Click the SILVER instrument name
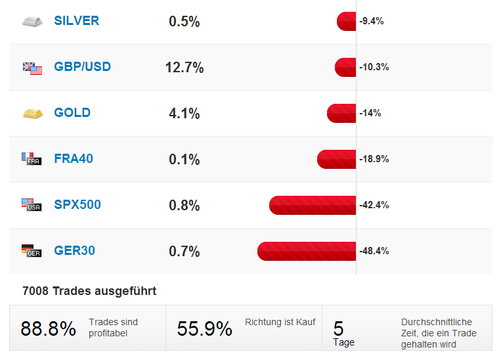(x=76, y=21)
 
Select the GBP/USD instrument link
(x=82, y=67)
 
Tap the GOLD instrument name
(x=72, y=113)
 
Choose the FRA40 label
(x=74, y=159)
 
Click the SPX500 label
(x=77, y=205)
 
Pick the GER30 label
(x=74, y=251)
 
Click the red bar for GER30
(x=307, y=251)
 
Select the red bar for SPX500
(x=313, y=205)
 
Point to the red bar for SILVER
(x=346, y=21)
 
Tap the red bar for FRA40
(x=336, y=159)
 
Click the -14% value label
(x=370, y=113)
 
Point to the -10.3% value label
(x=374, y=67)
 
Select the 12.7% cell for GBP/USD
(x=184, y=68)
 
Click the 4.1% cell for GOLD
(x=184, y=114)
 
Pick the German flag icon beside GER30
(x=32, y=251)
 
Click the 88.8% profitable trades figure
(x=48, y=329)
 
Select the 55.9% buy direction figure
(x=204, y=329)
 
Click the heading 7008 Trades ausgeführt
(x=89, y=290)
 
